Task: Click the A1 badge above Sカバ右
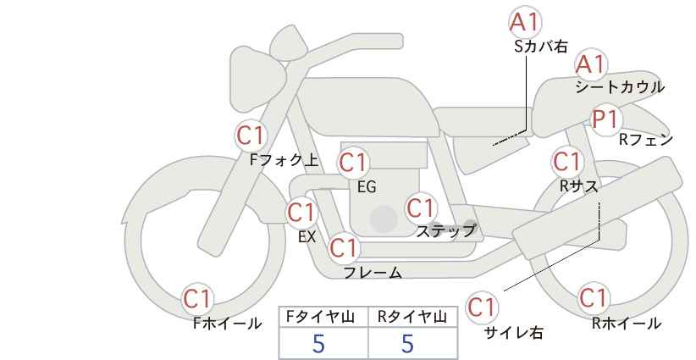pyautogui.click(x=526, y=22)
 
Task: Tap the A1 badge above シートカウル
pyautogui.click(x=591, y=64)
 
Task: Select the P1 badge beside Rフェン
pyautogui.click(x=606, y=119)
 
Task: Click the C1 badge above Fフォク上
pyautogui.click(x=251, y=135)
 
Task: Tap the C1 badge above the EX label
pyautogui.click(x=301, y=211)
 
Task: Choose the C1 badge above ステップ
pyautogui.click(x=421, y=208)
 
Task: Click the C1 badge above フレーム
pyautogui.click(x=344, y=248)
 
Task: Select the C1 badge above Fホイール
pyautogui.click(x=198, y=298)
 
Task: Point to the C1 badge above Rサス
pyautogui.click(x=567, y=161)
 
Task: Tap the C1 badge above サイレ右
pyautogui.click(x=483, y=307)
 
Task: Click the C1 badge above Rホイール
pyautogui.click(x=594, y=298)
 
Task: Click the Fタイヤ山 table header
pyautogui.click(x=323, y=317)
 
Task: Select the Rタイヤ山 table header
pyautogui.click(x=412, y=317)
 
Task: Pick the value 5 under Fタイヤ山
pyautogui.click(x=318, y=343)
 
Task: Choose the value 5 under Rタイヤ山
pyautogui.click(x=408, y=343)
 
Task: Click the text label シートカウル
pyautogui.click(x=619, y=87)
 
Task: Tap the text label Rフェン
pyautogui.click(x=645, y=140)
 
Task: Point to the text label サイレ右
pyautogui.click(x=513, y=333)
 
